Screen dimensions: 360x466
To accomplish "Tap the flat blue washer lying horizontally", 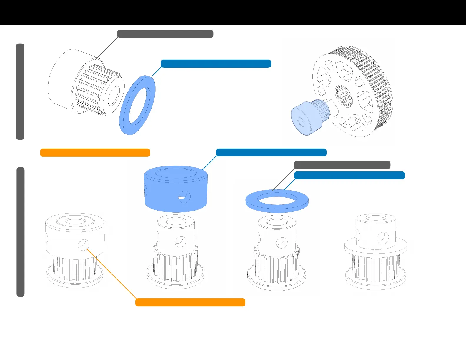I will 253,203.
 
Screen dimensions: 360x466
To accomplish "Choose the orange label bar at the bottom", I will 190,302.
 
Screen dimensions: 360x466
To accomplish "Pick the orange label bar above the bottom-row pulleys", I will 95,153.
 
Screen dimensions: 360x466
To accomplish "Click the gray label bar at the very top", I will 165,34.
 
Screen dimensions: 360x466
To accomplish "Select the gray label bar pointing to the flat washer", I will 342,165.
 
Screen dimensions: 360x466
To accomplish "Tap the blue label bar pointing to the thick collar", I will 271,152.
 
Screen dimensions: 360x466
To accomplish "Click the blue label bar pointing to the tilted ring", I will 216,64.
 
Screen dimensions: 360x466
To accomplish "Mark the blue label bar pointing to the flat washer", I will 349,176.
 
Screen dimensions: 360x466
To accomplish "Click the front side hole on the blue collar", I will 184,196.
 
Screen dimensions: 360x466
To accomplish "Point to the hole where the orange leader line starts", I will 83,245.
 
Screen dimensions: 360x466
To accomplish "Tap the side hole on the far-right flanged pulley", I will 382,238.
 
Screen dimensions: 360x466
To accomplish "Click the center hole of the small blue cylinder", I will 301,121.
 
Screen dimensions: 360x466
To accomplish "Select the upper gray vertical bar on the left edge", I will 20,91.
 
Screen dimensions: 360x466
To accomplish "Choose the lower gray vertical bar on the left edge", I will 20,232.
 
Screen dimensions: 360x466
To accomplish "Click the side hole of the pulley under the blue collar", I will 180,242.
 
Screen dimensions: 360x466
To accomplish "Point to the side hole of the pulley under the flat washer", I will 282,243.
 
